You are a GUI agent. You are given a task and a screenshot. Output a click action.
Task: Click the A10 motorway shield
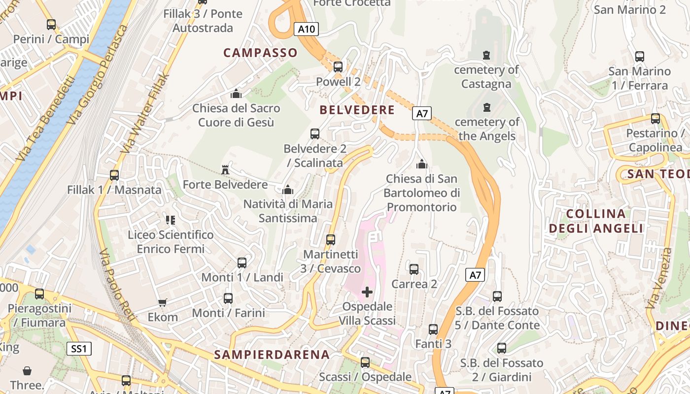pyautogui.click(x=306, y=29)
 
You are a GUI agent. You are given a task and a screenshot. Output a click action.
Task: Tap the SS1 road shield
pyautogui.click(x=79, y=349)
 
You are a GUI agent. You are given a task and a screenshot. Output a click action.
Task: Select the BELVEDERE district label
pyautogui.click(x=357, y=110)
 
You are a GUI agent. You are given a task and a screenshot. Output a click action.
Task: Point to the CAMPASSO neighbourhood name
pyautogui.click(x=260, y=53)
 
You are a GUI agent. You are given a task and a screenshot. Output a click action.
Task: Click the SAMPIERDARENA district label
pyautogui.click(x=272, y=355)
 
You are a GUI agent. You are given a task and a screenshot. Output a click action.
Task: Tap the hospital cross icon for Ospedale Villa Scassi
pyautogui.click(x=367, y=292)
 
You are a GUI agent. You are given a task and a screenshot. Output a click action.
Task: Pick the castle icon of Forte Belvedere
pyautogui.click(x=225, y=170)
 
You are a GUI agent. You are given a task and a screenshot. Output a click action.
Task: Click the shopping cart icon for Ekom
pyautogui.click(x=163, y=302)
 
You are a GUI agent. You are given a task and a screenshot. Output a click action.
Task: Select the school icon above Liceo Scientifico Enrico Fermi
pyautogui.click(x=171, y=220)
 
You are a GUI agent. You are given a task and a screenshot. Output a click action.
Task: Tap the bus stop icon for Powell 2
pyautogui.click(x=338, y=67)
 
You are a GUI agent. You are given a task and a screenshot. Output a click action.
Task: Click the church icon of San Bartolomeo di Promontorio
pyautogui.click(x=422, y=164)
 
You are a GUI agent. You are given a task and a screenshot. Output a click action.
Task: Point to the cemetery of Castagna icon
pyautogui.click(x=487, y=55)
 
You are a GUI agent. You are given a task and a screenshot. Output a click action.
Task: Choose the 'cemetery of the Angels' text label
pyautogui.click(x=487, y=129)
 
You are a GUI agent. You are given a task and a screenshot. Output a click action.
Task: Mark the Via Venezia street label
pyautogui.click(x=658, y=278)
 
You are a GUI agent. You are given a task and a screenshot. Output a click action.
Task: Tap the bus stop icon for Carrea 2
pyautogui.click(x=414, y=269)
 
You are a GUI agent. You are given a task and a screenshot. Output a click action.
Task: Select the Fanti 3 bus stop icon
pyautogui.click(x=433, y=329)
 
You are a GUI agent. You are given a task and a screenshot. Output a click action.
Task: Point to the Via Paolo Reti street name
pyautogui.click(x=117, y=285)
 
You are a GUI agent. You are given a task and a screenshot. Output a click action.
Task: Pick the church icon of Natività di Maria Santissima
pyautogui.click(x=288, y=190)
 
